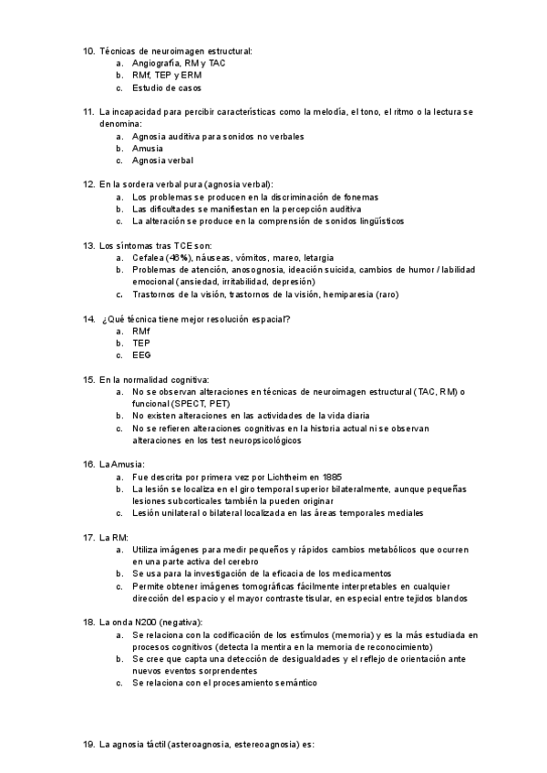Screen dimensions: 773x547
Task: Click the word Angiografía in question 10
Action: pos(156,64)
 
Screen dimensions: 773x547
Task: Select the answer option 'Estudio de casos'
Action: pos(167,88)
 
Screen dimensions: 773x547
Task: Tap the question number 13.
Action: pos(88,245)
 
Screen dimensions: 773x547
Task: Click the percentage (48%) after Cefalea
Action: pos(178,258)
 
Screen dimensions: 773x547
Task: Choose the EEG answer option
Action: pos(141,355)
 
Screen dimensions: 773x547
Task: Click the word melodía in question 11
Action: pos(331,112)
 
